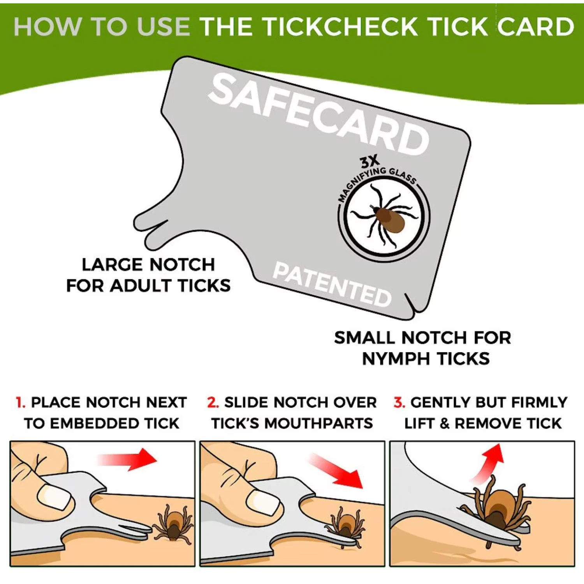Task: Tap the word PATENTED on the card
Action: coord(332,284)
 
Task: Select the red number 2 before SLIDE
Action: coord(213,402)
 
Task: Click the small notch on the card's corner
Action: coord(410,303)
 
